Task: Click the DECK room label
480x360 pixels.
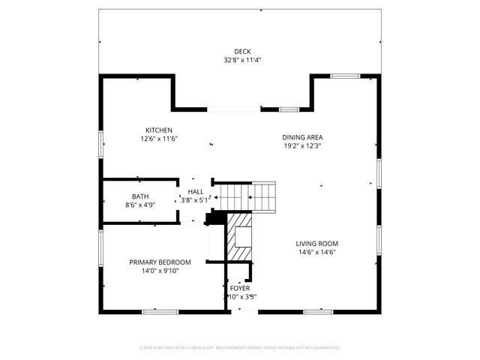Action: tap(241, 52)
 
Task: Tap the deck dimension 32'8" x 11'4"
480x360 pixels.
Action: tap(241, 60)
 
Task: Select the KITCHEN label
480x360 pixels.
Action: tap(159, 130)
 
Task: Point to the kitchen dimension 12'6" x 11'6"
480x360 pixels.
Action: tap(159, 139)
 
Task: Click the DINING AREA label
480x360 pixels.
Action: tap(302, 137)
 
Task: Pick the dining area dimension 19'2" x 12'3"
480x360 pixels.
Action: tap(302, 145)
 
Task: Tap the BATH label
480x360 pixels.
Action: tap(140, 196)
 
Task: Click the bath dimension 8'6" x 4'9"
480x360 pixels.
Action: tap(140, 205)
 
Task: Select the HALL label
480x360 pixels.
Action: tap(196, 192)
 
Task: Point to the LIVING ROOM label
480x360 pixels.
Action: tap(316, 244)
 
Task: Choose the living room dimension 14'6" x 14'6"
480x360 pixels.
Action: tap(316, 253)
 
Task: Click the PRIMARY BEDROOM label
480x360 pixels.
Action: tap(160, 262)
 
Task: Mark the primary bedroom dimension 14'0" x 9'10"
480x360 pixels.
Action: tap(160, 271)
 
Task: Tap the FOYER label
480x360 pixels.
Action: tap(240, 288)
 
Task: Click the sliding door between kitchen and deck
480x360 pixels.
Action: tap(234, 109)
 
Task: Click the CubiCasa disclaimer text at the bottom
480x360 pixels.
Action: tap(240, 348)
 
